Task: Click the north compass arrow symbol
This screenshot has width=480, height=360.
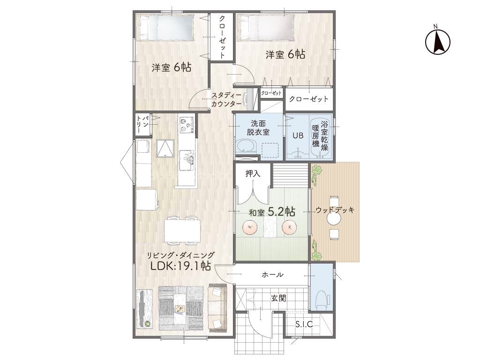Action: coord(438,41)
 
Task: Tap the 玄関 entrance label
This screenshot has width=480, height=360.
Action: coord(278,298)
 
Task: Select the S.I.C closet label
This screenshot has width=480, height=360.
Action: coord(304,324)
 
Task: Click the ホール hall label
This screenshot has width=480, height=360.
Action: coord(272,275)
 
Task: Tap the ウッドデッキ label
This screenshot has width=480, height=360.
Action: coord(335,210)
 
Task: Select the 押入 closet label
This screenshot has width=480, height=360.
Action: coord(253,173)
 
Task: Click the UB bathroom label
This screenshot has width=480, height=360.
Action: coord(298,135)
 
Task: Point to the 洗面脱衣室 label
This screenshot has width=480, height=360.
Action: coord(258,128)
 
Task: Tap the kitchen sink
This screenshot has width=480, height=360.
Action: coord(187,160)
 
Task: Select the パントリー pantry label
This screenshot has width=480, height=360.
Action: coord(142,124)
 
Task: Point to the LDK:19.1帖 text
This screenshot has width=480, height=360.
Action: coord(180,266)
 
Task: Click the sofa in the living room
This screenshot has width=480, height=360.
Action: coord(217,307)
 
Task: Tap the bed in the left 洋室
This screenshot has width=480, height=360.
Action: coord(165,28)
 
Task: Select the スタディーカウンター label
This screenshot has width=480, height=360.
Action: coord(226,99)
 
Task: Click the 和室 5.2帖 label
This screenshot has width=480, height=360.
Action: coord(272,211)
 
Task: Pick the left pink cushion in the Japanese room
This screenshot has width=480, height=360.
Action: coord(250,227)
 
